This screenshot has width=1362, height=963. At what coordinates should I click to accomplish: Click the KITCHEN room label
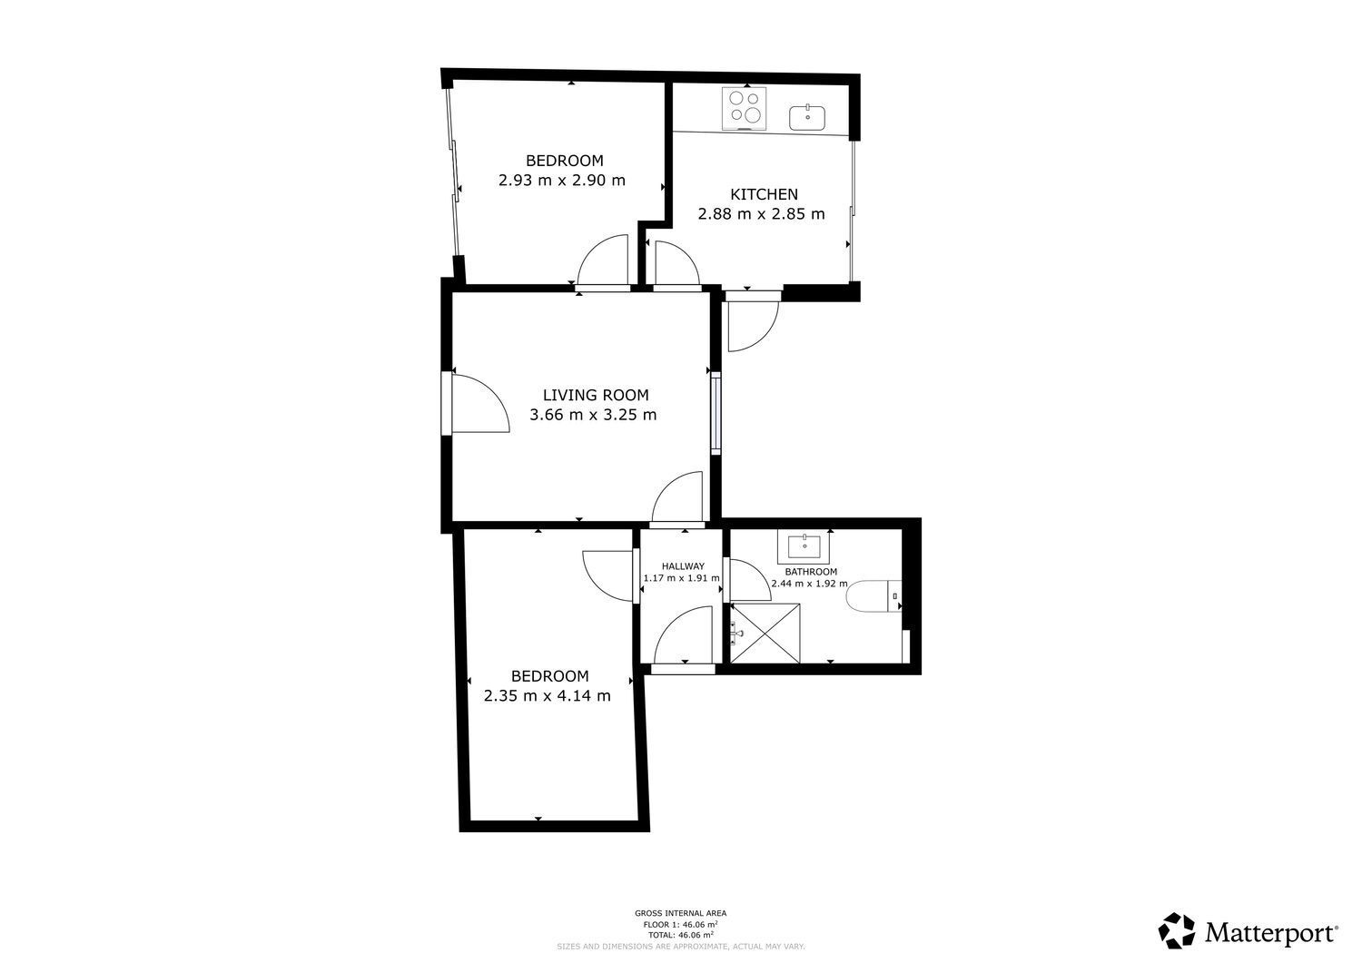[764, 194]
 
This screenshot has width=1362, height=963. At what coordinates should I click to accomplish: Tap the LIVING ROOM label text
[596, 395]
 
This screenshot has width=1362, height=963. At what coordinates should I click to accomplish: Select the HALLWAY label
[683, 566]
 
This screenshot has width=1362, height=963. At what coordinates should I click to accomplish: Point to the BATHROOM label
[811, 572]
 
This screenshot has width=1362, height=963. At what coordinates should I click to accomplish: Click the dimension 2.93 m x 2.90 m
[562, 181]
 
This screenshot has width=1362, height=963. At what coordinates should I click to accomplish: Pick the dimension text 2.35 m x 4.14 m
[548, 695]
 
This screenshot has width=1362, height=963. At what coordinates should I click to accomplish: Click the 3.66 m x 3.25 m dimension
[593, 415]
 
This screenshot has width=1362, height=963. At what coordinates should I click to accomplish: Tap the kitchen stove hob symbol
[745, 109]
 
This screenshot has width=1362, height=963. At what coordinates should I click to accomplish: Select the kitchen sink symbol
[807, 118]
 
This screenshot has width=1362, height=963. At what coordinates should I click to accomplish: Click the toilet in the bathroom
[873, 595]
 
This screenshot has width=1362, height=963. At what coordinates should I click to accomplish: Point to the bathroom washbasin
[804, 546]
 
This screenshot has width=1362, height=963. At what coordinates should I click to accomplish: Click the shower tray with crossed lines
[765, 633]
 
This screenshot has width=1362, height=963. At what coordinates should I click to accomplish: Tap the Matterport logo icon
[1178, 930]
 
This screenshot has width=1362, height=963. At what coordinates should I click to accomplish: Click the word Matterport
[1271, 933]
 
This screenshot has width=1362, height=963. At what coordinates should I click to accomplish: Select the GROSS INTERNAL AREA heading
[680, 913]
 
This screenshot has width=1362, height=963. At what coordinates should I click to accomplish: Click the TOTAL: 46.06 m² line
[680, 935]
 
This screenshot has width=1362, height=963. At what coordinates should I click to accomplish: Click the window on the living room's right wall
[716, 413]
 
